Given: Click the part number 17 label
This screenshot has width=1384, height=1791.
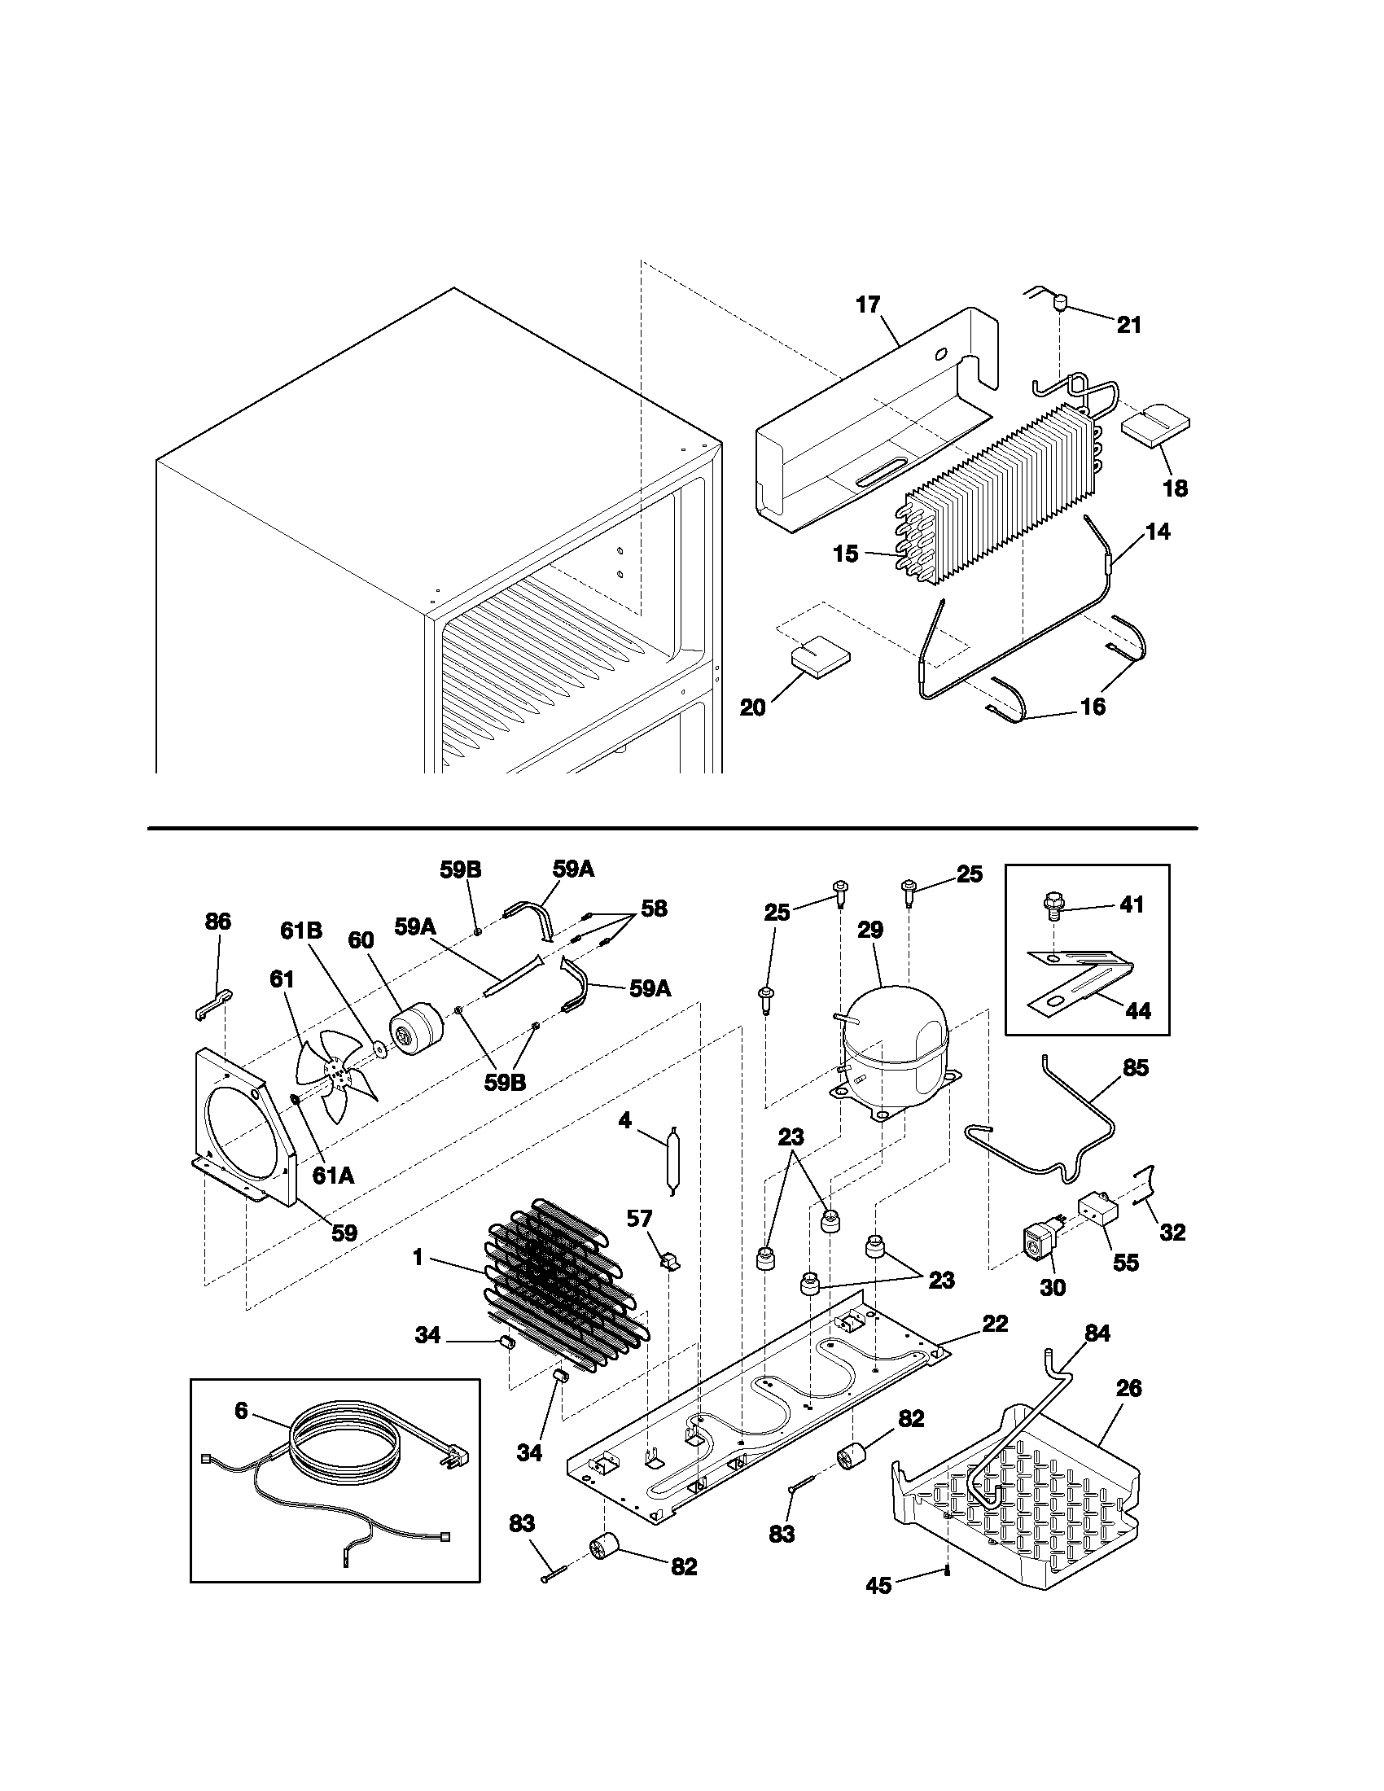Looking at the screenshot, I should click(x=868, y=305).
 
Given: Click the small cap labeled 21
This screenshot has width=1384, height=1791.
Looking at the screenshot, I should click(x=1060, y=304).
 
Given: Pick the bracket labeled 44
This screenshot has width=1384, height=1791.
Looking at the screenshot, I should click(x=1078, y=979).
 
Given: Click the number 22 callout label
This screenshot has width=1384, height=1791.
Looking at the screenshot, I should click(x=995, y=1323).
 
